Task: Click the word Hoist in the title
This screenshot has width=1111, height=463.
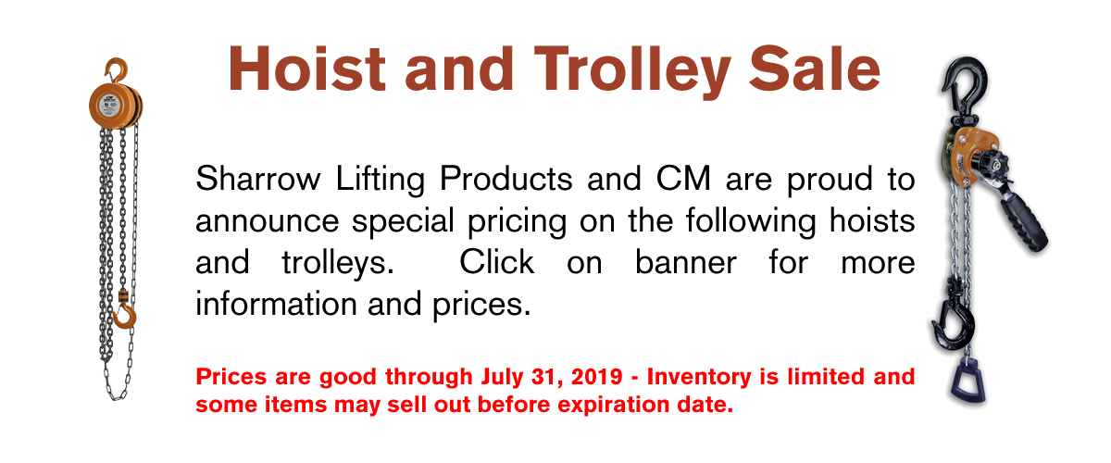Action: (306, 69)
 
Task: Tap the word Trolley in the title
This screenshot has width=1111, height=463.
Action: (632, 72)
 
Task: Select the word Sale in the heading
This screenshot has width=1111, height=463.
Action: (815, 69)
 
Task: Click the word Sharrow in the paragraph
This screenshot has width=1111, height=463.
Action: (258, 179)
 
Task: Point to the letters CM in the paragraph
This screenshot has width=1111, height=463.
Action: (683, 179)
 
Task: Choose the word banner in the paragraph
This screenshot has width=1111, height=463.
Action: (686, 262)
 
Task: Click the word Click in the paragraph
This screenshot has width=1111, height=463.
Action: (496, 262)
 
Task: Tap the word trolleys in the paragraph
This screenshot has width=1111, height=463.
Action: (338, 264)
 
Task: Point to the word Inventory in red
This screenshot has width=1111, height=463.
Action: (699, 378)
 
